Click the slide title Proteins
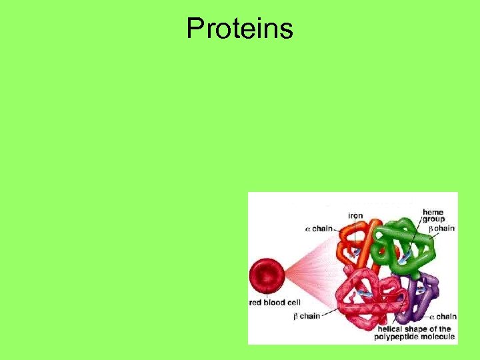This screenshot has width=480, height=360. point(239,29)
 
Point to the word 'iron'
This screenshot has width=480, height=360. point(356,215)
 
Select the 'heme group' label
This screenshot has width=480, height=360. point(433,215)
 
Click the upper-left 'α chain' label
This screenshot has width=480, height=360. point(319,229)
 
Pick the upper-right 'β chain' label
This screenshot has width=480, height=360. point(441,228)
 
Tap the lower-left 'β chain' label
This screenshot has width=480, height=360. point(307,316)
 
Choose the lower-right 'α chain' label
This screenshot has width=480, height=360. point(442,316)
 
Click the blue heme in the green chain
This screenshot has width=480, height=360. point(403,257)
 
